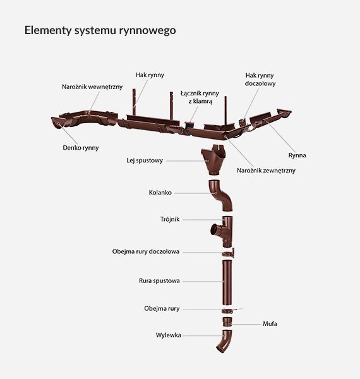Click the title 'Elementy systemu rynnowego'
point(100,30)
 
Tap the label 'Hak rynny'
point(150,75)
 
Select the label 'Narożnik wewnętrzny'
point(92,86)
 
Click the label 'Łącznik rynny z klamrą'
point(200,97)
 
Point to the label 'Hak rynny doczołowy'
point(260,79)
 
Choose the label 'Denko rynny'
point(81,148)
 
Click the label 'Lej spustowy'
point(145,160)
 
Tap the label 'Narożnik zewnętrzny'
point(266,171)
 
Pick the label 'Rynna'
point(296,155)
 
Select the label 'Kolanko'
point(160,192)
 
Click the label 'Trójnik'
point(170,220)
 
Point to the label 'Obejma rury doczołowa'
point(146,251)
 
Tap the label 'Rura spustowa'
point(159,280)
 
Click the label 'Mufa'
point(270,323)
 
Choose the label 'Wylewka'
point(168,335)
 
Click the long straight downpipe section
point(227,280)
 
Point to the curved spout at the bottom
point(222,342)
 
